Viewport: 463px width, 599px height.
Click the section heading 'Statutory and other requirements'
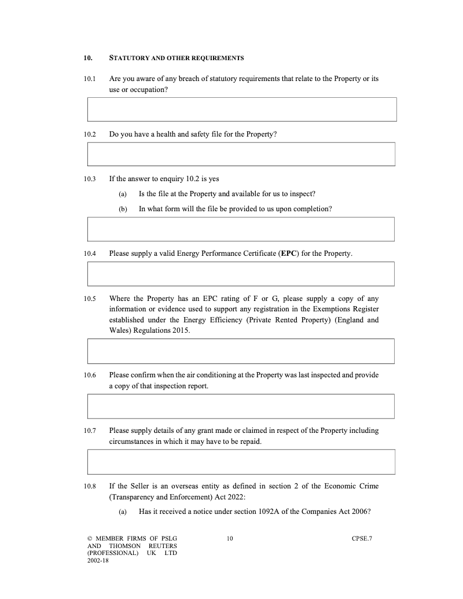177,58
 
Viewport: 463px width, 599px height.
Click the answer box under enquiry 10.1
242,109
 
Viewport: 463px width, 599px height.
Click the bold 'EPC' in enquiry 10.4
289,253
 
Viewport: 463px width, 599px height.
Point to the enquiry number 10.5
89,299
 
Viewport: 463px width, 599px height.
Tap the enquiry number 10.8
89,486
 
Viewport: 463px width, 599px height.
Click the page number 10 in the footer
230,539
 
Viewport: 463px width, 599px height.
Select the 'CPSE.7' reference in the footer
362,539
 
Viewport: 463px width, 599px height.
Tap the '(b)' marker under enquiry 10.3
123,209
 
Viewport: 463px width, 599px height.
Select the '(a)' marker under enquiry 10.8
123,512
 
